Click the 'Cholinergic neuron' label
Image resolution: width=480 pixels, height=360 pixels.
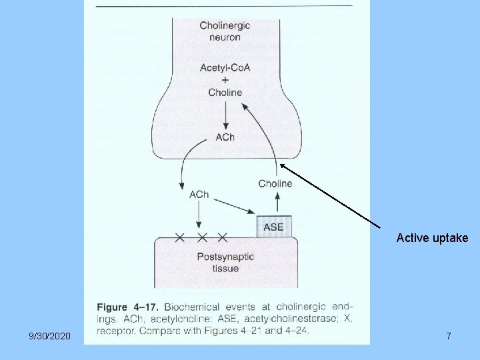point(225,31)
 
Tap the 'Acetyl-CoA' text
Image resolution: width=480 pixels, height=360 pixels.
point(225,68)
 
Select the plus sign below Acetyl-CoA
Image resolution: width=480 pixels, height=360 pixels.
point(225,81)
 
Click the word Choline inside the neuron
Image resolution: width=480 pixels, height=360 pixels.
point(225,93)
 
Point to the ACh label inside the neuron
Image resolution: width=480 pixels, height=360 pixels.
point(225,137)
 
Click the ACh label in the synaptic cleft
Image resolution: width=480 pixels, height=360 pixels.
point(199,195)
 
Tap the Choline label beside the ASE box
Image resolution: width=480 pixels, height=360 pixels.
point(275,183)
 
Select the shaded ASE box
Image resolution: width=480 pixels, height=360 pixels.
point(273,227)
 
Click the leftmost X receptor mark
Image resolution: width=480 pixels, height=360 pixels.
point(179,237)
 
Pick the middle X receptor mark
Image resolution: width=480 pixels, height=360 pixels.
point(201,237)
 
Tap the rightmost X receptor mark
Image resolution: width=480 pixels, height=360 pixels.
point(222,237)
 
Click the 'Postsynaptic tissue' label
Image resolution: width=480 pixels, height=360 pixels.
point(225,263)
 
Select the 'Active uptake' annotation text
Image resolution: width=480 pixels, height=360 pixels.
point(432,238)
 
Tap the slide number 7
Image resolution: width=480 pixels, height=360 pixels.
point(448,337)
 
